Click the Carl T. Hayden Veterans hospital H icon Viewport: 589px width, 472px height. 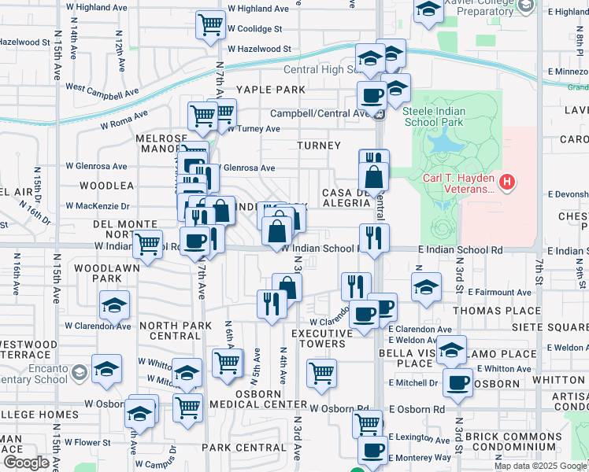click(508, 183)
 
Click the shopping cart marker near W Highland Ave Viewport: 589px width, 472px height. click(210, 26)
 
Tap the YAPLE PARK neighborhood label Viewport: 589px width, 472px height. click(270, 90)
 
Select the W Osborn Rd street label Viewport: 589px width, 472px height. click(339, 409)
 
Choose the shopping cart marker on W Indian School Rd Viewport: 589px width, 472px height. click(147, 245)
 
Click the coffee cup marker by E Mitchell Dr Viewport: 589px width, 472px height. click(457, 382)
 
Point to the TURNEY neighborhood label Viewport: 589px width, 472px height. click(319, 146)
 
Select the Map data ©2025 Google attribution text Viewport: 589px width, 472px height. click(541, 466)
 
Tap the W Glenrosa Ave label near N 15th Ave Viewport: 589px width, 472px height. click(96, 167)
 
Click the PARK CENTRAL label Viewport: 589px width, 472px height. click(236, 448)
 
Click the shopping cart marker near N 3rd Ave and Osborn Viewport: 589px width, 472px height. click(321, 374)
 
